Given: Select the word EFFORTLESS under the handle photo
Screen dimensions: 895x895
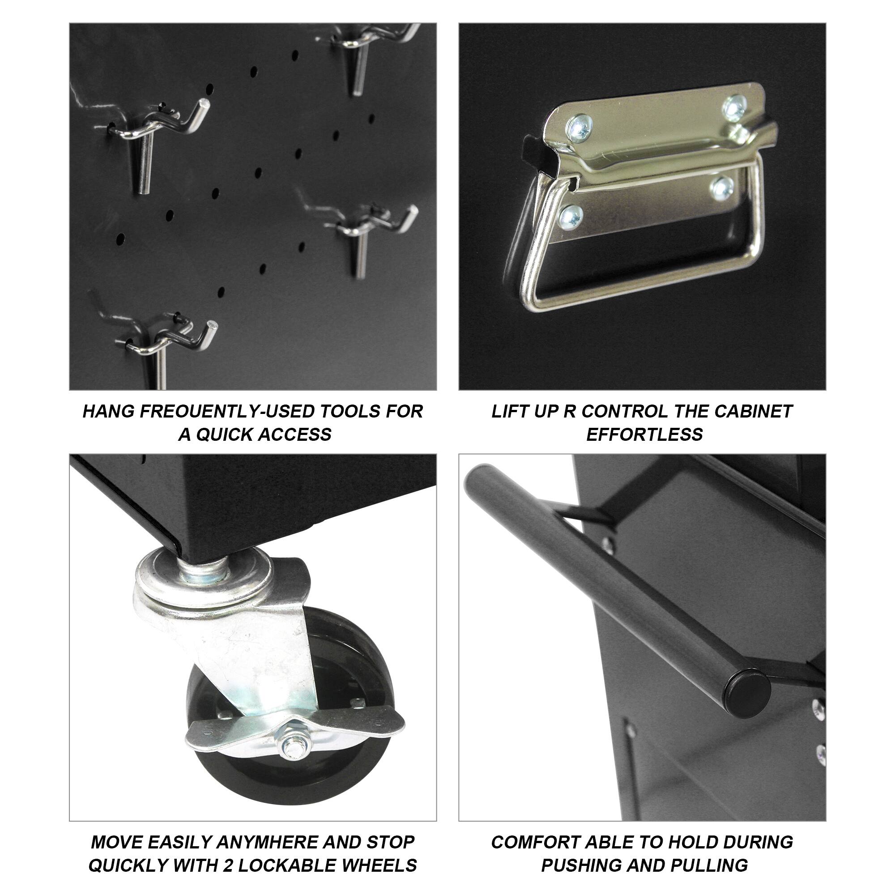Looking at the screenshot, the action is click(x=644, y=435).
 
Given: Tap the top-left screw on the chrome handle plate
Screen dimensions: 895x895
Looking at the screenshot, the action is click(x=579, y=128).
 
